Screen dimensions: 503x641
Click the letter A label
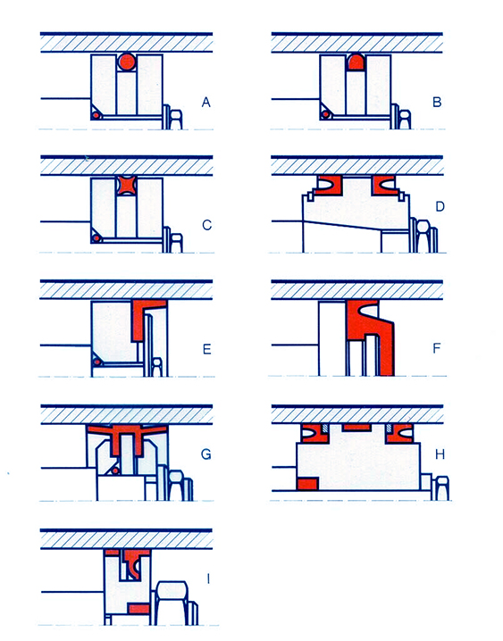coord(206,102)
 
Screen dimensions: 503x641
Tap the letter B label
coord(437,102)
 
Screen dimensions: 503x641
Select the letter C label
coord(207,225)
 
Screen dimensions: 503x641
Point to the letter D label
coord(440,206)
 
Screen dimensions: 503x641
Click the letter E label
coord(207,349)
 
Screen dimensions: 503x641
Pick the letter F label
coord(437,348)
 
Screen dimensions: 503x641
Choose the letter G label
coord(206,454)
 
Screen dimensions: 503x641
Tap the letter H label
coord(440,454)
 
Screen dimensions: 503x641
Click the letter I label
coord(208,579)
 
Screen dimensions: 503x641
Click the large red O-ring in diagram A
coord(127,62)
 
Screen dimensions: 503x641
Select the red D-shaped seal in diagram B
coord(356,62)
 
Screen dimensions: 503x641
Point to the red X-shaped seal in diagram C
coord(126,185)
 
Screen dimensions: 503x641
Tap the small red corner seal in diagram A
coord(96,115)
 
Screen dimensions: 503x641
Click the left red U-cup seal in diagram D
coord(330,185)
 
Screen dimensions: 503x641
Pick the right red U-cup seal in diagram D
coord(384,185)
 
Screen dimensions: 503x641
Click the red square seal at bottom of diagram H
coord(308,484)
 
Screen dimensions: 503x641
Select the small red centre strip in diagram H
coord(356,428)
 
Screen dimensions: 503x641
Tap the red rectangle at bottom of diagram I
coord(139,609)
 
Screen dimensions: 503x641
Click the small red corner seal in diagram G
coord(115,471)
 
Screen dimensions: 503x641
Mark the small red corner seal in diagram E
coord(96,362)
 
